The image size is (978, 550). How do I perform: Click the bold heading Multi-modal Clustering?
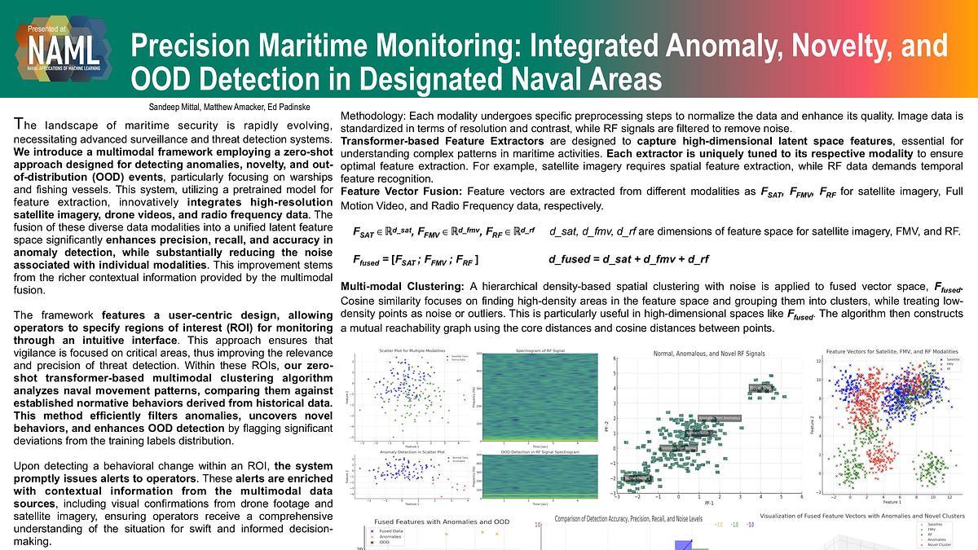402,287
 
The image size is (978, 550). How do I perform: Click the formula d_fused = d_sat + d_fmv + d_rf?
628,259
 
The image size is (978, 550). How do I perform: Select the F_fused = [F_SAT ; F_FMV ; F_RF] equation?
416,260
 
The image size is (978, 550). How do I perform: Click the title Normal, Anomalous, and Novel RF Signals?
709,354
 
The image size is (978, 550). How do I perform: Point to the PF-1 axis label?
709,504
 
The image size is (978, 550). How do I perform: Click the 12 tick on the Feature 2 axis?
819,359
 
